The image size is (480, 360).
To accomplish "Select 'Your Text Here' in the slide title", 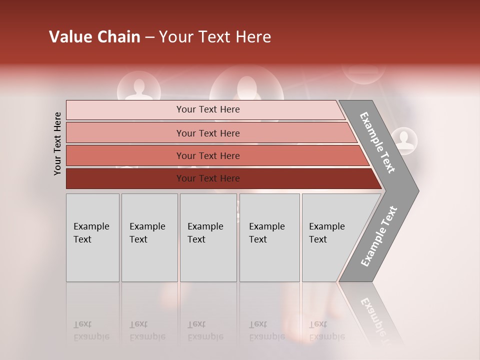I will click(x=215, y=37).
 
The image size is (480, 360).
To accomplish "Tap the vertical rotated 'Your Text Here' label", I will click(x=57, y=143).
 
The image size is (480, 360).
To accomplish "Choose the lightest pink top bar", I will click(x=208, y=109).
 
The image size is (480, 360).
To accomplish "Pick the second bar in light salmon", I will click(x=208, y=133).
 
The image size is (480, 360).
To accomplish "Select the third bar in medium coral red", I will click(x=208, y=155).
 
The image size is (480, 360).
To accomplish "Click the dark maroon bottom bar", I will click(x=208, y=178).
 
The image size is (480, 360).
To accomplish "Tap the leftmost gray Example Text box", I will click(x=92, y=237).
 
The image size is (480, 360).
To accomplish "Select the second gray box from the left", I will click(x=149, y=237).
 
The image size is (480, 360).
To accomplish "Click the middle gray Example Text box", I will click(x=208, y=237).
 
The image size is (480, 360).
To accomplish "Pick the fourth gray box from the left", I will click(x=269, y=237).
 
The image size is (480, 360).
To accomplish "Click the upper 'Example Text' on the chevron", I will click(x=377, y=142).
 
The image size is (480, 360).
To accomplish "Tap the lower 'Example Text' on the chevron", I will click(x=379, y=236).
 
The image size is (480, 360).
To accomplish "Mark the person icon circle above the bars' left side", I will click(x=138, y=87).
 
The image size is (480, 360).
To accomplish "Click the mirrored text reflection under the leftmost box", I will click(x=91, y=330).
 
